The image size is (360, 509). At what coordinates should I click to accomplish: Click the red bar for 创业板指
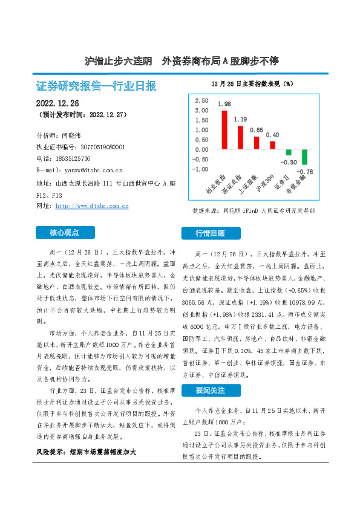tap(224, 129)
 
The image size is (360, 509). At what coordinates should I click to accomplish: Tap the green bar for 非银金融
tap(305, 157)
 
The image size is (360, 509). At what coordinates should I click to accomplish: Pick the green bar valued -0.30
tap(289, 152)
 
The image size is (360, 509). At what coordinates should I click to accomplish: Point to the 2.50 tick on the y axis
tap(201, 100)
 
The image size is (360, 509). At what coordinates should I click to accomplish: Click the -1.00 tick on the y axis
tap(200, 169)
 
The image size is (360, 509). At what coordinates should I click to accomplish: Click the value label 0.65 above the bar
tap(257, 131)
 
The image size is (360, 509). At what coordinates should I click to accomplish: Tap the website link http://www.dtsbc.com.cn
tap(92, 206)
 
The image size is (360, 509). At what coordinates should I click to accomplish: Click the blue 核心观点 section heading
tap(65, 232)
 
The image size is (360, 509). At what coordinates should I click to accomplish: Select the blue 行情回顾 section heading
tap(210, 233)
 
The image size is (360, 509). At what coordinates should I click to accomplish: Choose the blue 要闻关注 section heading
tap(210, 391)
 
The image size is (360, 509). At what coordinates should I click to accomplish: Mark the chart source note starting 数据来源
tap(253, 211)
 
